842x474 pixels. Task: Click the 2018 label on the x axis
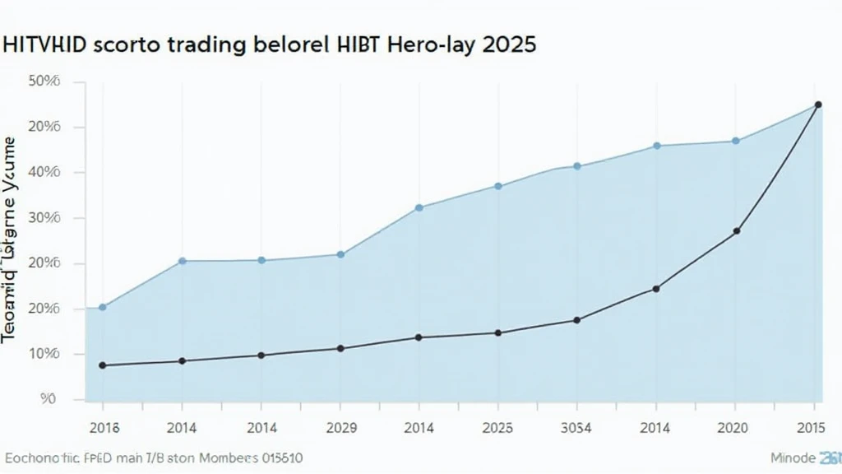pos(103,428)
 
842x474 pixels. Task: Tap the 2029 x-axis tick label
pos(340,428)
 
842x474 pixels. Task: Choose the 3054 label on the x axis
pos(576,428)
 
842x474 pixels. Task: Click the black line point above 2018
pos(103,365)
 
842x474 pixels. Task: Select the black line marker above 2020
pos(736,231)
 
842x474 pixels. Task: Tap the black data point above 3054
pos(576,320)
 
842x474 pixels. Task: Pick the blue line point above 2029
pos(340,254)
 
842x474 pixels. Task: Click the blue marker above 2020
pos(736,141)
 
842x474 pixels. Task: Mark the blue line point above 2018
pos(103,307)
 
